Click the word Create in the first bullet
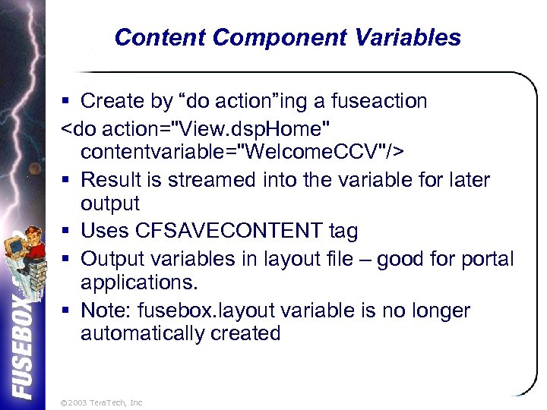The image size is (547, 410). coord(112,101)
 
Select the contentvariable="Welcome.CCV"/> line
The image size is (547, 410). coord(242,151)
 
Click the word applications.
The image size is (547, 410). coord(139,283)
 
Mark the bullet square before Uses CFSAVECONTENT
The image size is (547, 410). coord(67,232)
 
